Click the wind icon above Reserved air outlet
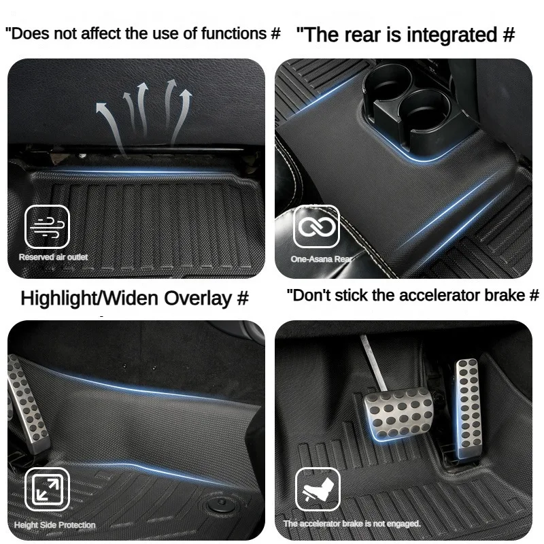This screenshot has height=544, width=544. [x=47, y=226]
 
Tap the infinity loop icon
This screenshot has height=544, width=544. [x=316, y=226]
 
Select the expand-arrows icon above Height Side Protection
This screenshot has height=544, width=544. [x=47, y=489]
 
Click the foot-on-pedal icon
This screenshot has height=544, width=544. [x=318, y=489]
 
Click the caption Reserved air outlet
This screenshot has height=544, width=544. [x=53, y=257]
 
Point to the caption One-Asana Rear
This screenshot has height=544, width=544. [x=321, y=259]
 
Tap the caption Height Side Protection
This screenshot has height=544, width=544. [x=54, y=525]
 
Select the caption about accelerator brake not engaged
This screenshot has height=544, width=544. [x=352, y=524]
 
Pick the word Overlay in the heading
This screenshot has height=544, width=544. [x=197, y=298]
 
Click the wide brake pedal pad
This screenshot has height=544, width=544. [x=398, y=413]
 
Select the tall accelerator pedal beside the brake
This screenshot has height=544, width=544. [x=468, y=409]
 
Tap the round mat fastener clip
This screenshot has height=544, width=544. [x=221, y=505]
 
